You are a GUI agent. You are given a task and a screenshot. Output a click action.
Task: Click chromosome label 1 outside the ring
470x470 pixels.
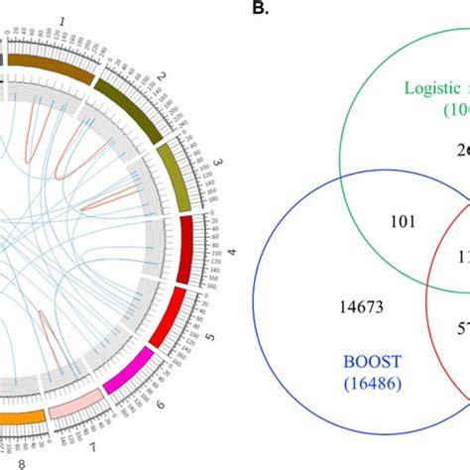pyautogui.click(x=62, y=20)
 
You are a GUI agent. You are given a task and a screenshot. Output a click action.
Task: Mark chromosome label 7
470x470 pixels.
pyautogui.click(x=94, y=442)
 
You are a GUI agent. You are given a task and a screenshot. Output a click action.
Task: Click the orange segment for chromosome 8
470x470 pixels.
pyautogui.click(x=20, y=417)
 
